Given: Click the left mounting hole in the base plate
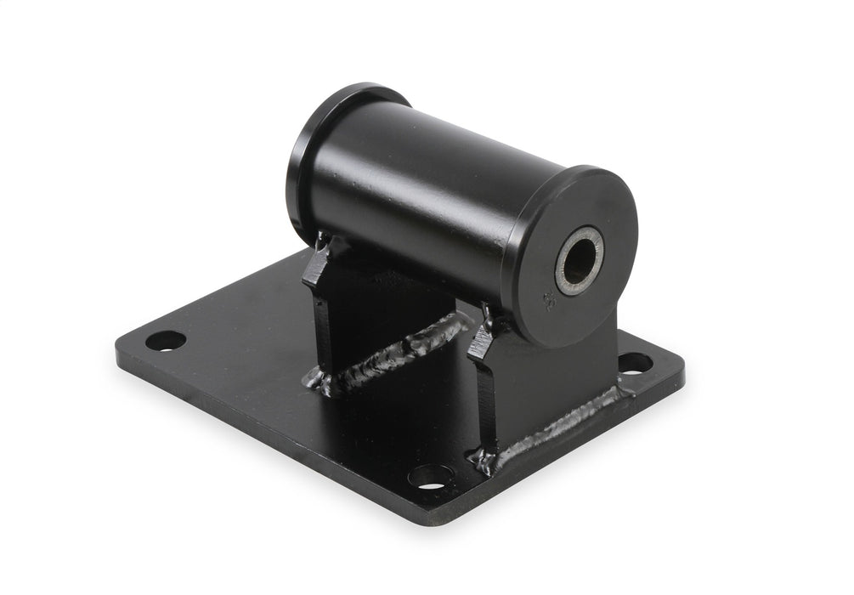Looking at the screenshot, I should point(165,341).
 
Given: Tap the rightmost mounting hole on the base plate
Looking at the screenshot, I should point(635,364).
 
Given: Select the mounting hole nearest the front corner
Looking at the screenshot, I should point(431,477).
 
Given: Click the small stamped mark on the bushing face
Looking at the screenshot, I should point(548,301).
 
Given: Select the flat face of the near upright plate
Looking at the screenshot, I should point(552,374).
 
